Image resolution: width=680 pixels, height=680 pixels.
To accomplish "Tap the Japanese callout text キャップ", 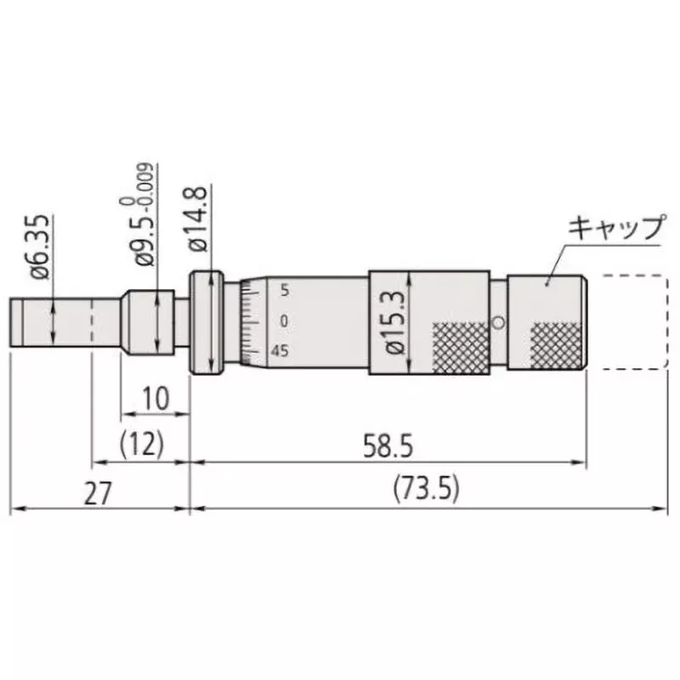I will coord(615,228).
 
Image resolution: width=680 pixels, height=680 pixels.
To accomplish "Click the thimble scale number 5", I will coord(284,290).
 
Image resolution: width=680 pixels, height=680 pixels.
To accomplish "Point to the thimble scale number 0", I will coord(284,320).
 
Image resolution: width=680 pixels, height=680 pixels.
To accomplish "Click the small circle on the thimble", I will coord(499,322).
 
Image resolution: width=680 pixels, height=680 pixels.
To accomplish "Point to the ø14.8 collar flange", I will coord(206,323).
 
